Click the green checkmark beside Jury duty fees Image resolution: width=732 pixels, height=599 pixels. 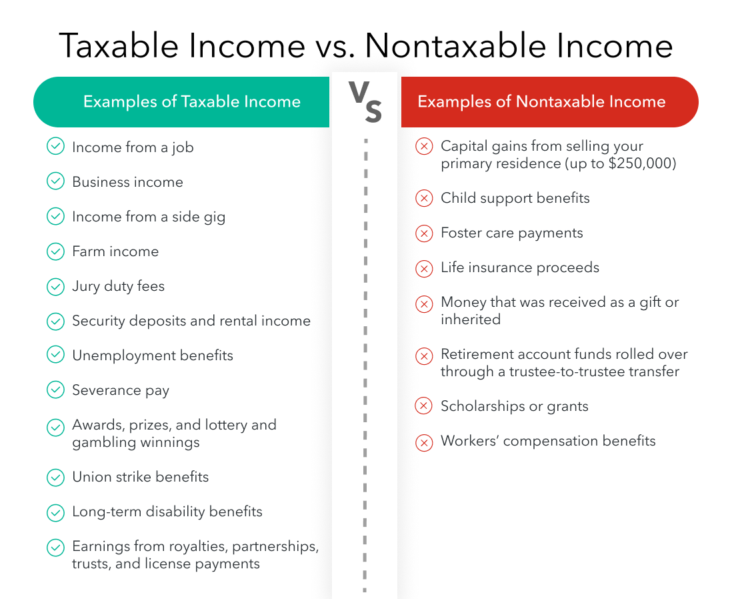(55, 287)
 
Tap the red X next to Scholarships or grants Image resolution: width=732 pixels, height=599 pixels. (424, 406)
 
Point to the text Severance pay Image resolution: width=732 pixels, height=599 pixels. (121, 390)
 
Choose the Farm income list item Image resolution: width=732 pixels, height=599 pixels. (115, 251)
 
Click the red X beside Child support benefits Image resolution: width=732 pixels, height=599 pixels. (424, 198)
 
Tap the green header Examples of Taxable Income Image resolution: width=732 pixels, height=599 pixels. (191, 102)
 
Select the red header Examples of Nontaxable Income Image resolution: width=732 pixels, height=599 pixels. (541, 102)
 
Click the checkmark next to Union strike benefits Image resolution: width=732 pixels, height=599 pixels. (55, 478)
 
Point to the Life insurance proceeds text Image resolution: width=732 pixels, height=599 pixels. (520, 267)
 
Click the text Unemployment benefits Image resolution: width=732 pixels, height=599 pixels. (153, 356)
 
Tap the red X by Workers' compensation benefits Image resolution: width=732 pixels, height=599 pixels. (424, 442)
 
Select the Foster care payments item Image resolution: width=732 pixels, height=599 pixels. (512, 233)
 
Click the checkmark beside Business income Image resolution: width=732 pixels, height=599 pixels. (55, 182)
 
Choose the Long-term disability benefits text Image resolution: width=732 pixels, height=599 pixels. (167, 512)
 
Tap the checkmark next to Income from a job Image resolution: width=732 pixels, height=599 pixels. (55, 147)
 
